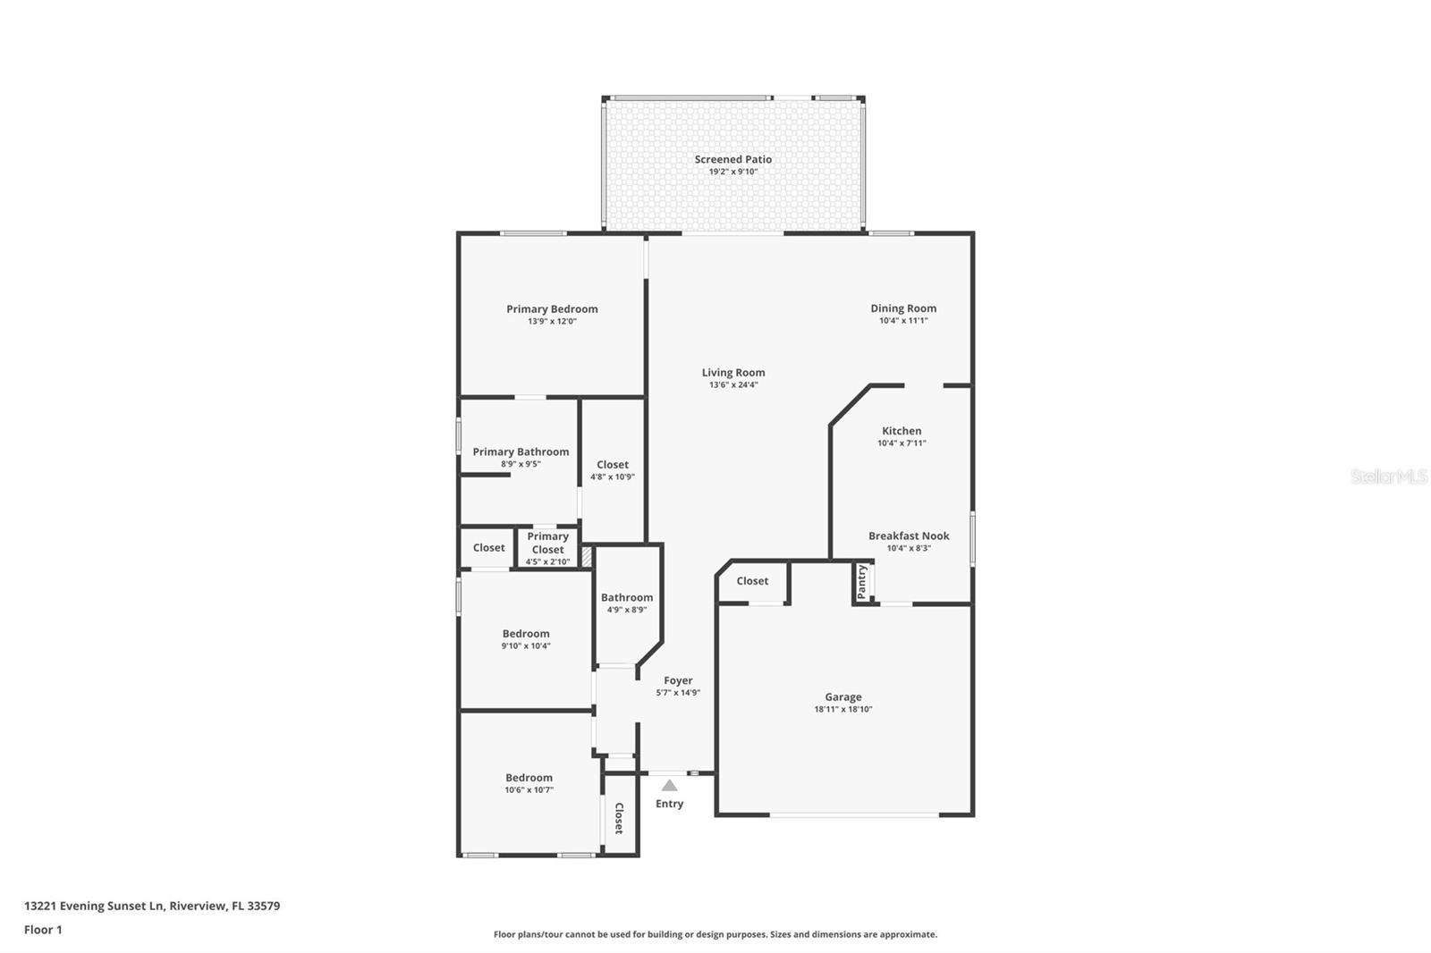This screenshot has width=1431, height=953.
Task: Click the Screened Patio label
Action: pyautogui.click(x=732, y=159)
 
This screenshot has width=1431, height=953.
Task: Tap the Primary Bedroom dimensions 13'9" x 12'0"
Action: pyautogui.click(x=552, y=321)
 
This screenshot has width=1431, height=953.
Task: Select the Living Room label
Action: pyautogui.click(x=732, y=373)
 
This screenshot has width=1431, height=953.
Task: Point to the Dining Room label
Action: pyautogui.click(x=903, y=308)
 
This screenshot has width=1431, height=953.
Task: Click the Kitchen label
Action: pyautogui.click(x=902, y=431)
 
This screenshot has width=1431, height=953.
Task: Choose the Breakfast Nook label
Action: pyautogui.click(x=909, y=536)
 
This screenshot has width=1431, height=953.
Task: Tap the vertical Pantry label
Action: pyautogui.click(x=862, y=582)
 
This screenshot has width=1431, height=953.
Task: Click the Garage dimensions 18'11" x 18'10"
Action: pyautogui.click(x=843, y=710)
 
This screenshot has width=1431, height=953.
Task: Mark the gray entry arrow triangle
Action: pyautogui.click(x=669, y=785)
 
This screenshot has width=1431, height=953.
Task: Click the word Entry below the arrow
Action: pyautogui.click(x=669, y=804)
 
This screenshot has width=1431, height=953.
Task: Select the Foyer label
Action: pyautogui.click(x=678, y=680)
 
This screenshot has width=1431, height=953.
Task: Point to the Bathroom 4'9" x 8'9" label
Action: pyautogui.click(x=626, y=598)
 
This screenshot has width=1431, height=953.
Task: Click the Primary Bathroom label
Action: pyautogui.click(x=521, y=452)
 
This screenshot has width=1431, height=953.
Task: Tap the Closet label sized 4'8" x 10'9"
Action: pyautogui.click(x=613, y=465)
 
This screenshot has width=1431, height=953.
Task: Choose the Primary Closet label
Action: pyautogui.click(x=547, y=543)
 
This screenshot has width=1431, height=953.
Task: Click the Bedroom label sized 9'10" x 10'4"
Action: pyautogui.click(x=526, y=634)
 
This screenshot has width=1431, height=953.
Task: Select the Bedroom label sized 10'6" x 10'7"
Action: pyautogui.click(x=529, y=778)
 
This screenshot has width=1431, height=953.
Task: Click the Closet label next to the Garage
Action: pyautogui.click(x=752, y=581)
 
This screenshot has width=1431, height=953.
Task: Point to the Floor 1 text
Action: pyautogui.click(x=43, y=930)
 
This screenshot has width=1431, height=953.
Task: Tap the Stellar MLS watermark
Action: pyautogui.click(x=1388, y=476)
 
